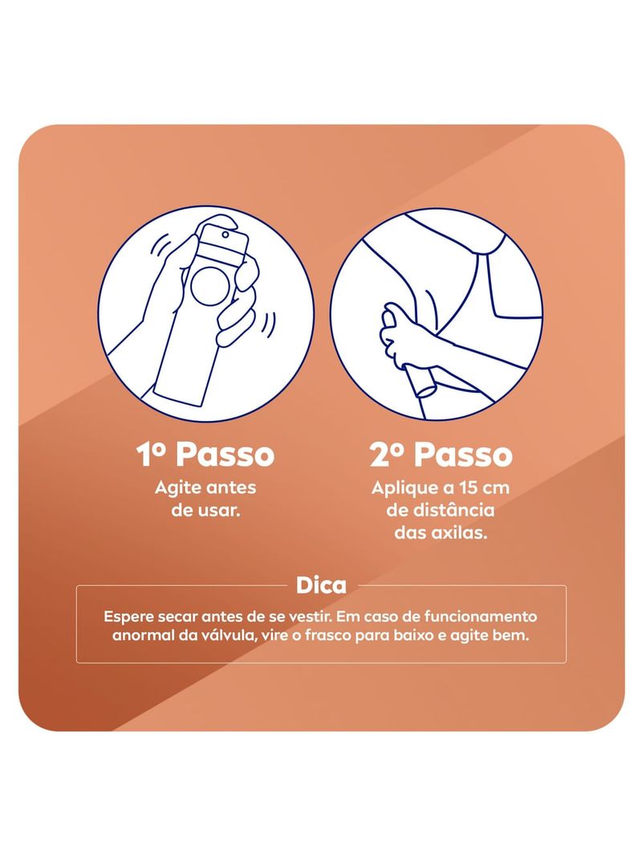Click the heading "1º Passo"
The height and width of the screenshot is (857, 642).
205,455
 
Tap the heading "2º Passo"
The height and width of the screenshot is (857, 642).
441,455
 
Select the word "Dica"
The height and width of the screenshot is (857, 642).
321,586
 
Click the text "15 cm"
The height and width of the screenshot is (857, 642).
485,488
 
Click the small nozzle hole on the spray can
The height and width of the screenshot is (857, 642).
225,235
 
